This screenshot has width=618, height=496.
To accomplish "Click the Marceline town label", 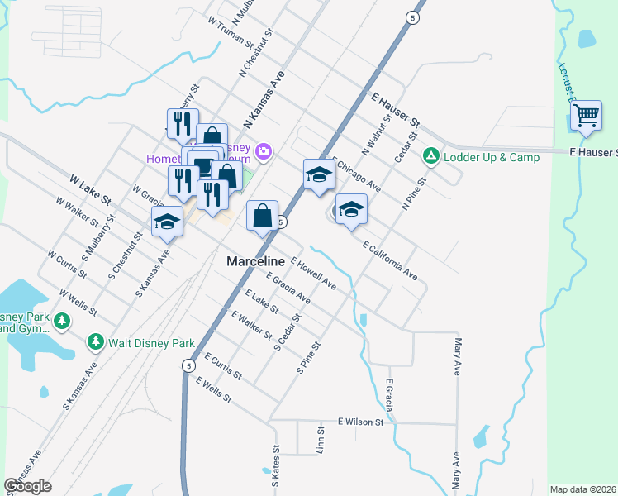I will point(255,260).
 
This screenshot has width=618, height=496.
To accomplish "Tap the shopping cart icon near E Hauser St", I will point(586,117).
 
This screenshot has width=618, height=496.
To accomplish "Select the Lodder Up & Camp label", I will point(491,156).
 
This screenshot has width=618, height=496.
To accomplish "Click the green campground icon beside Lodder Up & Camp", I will point(430,155).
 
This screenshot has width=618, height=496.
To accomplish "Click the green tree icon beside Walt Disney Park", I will point(96,341).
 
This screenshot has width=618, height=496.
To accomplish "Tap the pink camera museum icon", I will point(264,150).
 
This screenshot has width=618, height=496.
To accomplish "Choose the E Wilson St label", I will point(361,422).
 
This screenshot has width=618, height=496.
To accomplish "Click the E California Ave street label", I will point(390,259).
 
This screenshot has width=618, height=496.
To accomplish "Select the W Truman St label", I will point(230,31).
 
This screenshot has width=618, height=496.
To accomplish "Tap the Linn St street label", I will point(320,441).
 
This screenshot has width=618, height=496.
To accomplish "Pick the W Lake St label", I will point(90,189).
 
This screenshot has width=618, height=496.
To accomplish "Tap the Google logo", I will point(27,486).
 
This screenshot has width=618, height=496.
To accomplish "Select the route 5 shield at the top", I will point(411,17).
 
